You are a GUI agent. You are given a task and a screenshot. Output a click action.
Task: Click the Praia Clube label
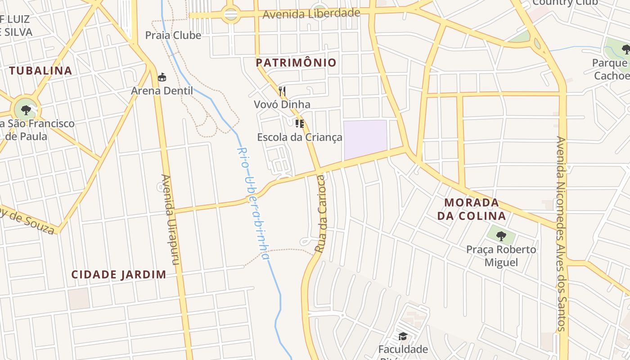click(x=173, y=35)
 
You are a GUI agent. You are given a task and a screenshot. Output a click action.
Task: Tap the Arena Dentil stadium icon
click(x=162, y=77)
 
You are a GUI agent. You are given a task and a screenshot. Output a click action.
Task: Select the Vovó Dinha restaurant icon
click(x=282, y=91)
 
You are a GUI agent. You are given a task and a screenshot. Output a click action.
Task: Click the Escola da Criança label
click(x=300, y=137)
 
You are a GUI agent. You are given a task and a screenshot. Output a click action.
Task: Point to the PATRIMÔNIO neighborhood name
click(x=296, y=63)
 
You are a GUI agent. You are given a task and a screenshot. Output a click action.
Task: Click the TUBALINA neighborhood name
click(x=40, y=71)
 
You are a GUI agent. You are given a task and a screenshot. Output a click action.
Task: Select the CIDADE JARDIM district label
click(x=119, y=274)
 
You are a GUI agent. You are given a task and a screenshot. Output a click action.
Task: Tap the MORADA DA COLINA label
click(x=472, y=209)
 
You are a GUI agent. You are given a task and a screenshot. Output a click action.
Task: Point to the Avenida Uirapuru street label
click(x=170, y=220)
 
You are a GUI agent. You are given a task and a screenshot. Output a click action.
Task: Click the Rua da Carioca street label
click(x=320, y=214)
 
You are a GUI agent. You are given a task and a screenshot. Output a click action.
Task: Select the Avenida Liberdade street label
click(x=311, y=13)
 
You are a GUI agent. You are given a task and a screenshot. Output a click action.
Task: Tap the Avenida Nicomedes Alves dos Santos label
click(x=561, y=234)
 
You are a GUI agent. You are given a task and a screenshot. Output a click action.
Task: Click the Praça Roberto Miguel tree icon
click(x=501, y=235)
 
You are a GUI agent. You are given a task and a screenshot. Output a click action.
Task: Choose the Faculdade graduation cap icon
click(x=403, y=337)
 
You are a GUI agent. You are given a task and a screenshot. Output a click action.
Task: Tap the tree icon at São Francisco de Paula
click(x=26, y=109)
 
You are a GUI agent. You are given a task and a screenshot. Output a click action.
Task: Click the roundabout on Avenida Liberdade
click(x=230, y=15)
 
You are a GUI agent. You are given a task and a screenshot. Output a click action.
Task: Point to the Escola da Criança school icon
click(x=300, y=124)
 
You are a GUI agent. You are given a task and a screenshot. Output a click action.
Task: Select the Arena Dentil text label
click(x=162, y=91)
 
